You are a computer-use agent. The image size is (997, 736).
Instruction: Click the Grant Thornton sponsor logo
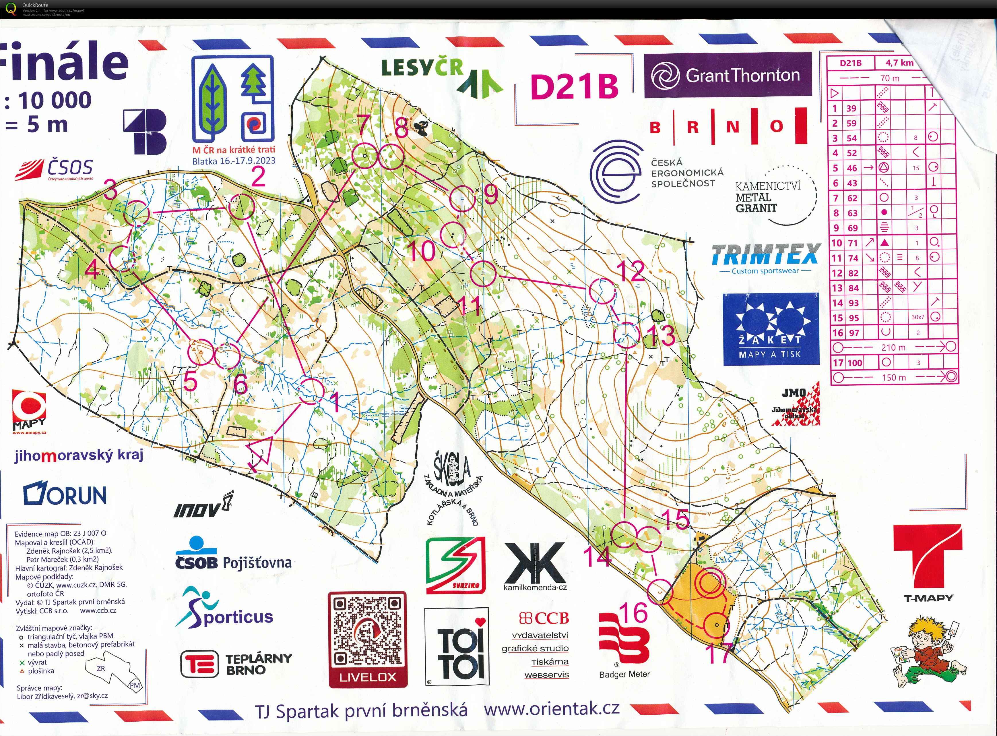728,75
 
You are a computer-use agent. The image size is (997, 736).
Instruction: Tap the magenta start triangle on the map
262,452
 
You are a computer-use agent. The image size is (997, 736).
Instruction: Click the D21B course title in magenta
575,86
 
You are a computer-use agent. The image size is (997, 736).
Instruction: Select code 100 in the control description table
854,363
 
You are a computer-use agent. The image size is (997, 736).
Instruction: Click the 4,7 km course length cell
899,63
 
